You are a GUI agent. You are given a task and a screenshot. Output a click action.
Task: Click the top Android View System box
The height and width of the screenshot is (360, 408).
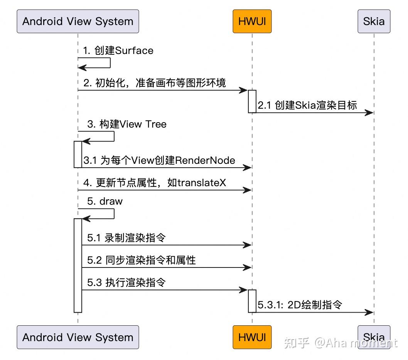point(78,21)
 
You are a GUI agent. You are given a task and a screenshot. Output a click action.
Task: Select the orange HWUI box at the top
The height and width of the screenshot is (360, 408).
point(252,21)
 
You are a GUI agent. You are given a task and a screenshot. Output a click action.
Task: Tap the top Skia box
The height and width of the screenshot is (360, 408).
point(374,21)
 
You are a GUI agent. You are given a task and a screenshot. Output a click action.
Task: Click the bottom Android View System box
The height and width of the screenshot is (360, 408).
point(78,337)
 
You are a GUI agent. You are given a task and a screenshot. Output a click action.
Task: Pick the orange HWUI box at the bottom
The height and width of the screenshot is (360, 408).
point(252,337)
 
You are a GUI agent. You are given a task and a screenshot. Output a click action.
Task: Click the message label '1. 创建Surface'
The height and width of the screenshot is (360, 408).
point(118,51)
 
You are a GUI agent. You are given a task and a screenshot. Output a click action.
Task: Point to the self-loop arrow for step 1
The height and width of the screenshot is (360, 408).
point(110,63)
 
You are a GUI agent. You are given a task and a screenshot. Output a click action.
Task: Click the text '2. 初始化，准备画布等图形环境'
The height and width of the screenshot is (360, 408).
point(154,83)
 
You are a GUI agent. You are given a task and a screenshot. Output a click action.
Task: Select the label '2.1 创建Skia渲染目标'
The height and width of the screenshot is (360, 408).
point(307,105)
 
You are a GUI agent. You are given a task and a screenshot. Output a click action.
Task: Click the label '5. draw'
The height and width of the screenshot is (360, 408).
point(105,201)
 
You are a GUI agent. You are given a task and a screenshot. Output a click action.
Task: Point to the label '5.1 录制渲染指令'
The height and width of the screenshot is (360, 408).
point(126,238)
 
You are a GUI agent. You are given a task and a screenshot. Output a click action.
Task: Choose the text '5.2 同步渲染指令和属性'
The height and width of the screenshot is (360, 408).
point(141,260)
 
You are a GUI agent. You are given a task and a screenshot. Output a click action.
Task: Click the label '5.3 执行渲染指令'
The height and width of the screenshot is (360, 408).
point(126,283)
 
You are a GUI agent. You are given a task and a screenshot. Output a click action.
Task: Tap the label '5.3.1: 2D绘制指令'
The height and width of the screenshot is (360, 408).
point(300,305)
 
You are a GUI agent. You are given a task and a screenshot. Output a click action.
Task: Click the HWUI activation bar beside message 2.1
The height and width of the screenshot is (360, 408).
point(252,101)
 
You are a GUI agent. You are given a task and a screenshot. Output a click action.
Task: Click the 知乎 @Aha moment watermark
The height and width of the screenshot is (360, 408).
point(340,342)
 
